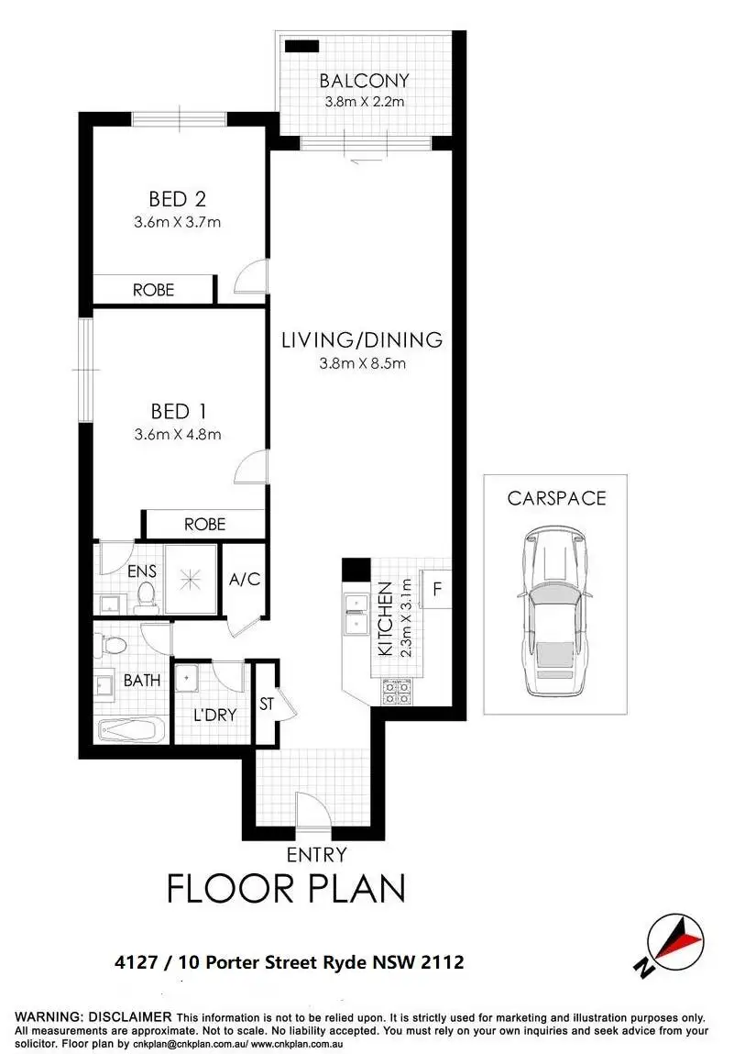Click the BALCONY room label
366,80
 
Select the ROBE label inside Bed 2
153,289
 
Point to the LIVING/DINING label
362,339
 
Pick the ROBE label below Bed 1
204,524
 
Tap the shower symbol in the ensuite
190,580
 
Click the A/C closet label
245,579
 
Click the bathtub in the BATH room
132,731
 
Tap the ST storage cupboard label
266,705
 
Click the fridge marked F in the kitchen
437,589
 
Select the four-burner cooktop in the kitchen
396,691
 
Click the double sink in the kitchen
353,615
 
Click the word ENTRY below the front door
317,855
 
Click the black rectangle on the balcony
300,46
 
